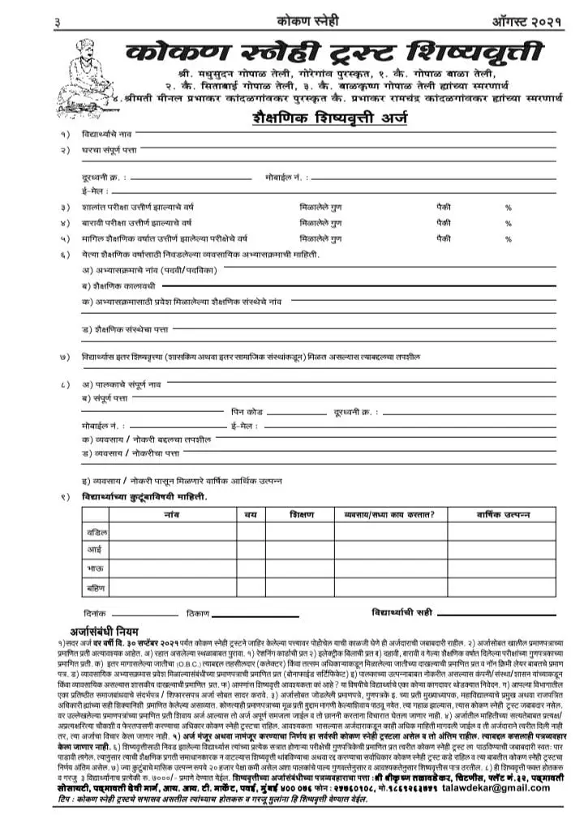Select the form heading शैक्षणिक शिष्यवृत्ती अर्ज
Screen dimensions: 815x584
coord(328,119)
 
